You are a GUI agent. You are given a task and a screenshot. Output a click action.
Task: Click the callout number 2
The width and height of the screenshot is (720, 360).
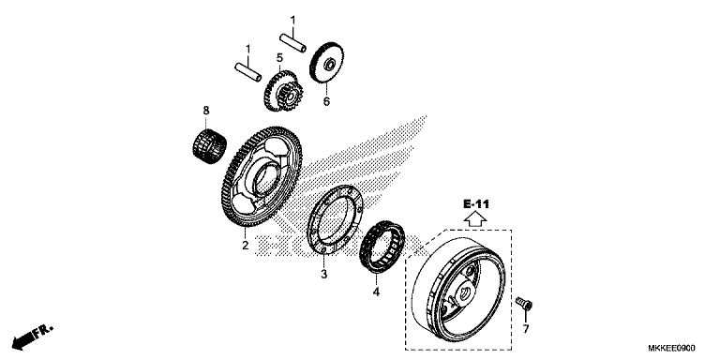244,247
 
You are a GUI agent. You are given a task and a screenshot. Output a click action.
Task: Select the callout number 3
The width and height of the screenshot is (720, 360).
324,275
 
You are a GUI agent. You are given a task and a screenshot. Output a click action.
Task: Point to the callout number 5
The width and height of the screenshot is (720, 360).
279,57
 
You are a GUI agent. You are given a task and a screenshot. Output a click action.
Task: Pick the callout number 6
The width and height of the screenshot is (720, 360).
327,101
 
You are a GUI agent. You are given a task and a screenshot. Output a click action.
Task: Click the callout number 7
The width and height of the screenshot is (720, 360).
525,329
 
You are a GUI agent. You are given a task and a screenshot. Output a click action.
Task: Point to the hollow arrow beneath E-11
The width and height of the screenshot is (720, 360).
474,220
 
